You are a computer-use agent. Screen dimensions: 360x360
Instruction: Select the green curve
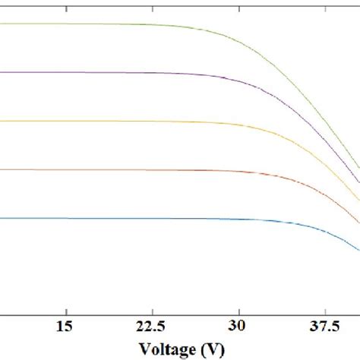pos(114,24)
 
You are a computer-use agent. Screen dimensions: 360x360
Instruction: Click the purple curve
pos(114,72)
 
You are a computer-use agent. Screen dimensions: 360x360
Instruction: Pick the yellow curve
pos(114,121)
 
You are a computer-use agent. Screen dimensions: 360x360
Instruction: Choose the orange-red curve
pos(114,169)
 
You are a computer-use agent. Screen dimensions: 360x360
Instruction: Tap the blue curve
pos(114,219)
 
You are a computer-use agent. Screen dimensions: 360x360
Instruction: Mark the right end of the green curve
pos(358,167)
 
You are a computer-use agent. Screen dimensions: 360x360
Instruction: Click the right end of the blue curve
pos(358,249)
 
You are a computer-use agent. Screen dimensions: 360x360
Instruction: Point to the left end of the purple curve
pos(2,72)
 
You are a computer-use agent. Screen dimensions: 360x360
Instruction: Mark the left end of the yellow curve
pos(2,121)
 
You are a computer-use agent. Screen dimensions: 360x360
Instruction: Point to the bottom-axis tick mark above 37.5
pos(325,308)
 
